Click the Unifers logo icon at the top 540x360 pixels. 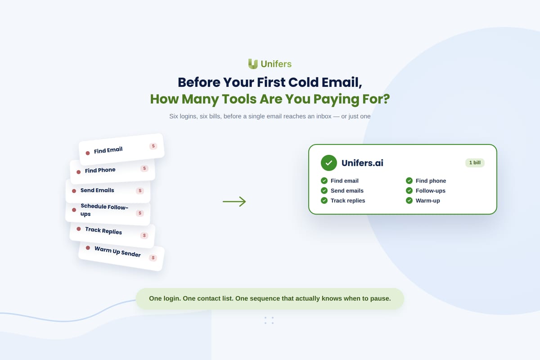[x=253, y=64]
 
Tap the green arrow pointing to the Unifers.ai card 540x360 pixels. [x=234, y=201]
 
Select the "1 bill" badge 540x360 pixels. [x=475, y=163]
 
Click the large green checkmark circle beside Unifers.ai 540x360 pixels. [x=329, y=163]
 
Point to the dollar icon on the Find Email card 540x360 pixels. [x=153, y=146]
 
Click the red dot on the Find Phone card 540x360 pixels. [x=79, y=172]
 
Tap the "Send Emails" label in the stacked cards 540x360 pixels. [x=97, y=190]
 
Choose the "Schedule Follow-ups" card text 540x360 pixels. [x=104, y=210]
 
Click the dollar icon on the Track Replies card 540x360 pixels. [x=144, y=235]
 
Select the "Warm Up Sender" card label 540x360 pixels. [x=117, y=252]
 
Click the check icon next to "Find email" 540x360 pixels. [x=324, y=180]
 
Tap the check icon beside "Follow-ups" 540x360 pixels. [x=409, y=190]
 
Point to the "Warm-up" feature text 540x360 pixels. [x=427, y=201]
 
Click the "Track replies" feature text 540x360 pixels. [x=347, y=201]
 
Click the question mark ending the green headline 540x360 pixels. [x=386, y=99]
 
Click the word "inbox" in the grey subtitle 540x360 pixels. [x=324, y=116]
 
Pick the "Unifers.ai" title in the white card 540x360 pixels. [x=362, y=163]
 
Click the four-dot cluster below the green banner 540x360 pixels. [x=269, y=320]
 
